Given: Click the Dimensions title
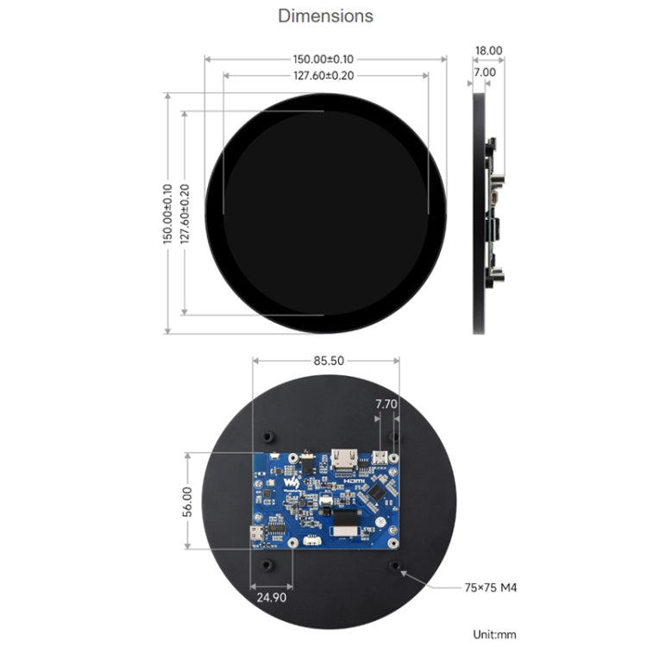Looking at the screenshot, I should coord(325,16).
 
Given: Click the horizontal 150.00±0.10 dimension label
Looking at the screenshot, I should coord(323,59).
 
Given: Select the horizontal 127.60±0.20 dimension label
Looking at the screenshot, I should coord(323,76).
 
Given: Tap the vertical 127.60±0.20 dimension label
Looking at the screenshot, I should coord(185,213).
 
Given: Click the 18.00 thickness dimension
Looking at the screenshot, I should coord(488,52).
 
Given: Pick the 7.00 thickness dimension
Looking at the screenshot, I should coord(485,72).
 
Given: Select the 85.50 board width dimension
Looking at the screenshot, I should coord(326,361).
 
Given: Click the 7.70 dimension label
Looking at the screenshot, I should coord(386,403).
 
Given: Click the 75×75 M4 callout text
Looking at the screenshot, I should coord(490,587).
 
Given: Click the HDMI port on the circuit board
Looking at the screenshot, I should coord(342,458).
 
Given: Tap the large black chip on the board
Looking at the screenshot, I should coord(379,493).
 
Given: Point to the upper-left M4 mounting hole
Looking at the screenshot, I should coord(268,433).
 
